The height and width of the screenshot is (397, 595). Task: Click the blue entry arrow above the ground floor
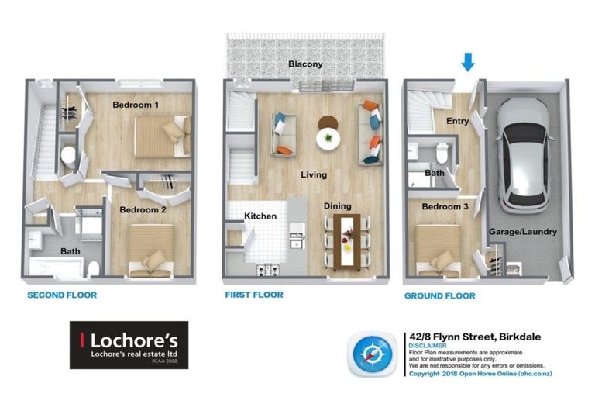pos(467,61)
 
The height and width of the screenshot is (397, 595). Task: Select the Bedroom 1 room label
pos(136,105)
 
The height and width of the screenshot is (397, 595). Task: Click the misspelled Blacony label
pos(305,64)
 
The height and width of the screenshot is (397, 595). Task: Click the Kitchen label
pos(260,216)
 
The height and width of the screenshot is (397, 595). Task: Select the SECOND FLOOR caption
pos(62,295)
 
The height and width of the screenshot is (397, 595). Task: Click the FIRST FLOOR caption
pos(253,295)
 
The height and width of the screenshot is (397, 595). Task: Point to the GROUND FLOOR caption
pos(439,296)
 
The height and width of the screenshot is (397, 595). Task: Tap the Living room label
pos(314,175)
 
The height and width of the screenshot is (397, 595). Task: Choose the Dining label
pos(338,206)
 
